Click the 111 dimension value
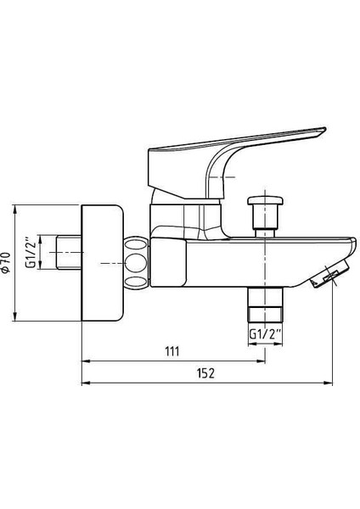172,351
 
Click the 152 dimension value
206,373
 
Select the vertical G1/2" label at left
31,253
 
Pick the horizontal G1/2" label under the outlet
265,334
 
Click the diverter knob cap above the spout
265,200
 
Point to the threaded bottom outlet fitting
265,305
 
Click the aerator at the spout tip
330,275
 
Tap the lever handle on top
228,162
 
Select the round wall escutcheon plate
102,263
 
